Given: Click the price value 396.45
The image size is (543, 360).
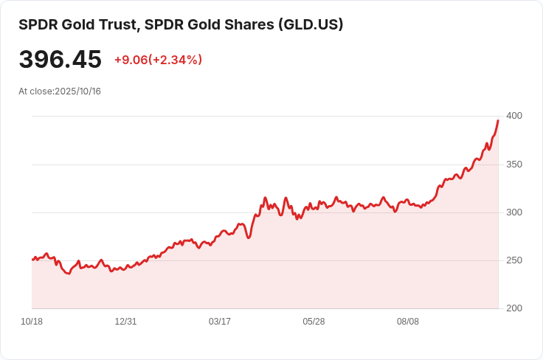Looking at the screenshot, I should tap(60, 60).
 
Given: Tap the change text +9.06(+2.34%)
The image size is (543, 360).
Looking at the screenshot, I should tap(158, 60).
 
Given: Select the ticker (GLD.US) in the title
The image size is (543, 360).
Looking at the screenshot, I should tap(310, 24).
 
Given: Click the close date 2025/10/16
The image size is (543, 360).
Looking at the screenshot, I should tap(77, 91).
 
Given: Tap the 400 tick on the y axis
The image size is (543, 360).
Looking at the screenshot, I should tap(513, 116).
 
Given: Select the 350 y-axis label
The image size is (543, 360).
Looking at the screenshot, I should tap(513, 164).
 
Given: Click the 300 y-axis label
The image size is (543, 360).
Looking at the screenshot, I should tap(513, 212).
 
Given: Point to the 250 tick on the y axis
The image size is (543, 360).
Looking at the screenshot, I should tap(513, 260).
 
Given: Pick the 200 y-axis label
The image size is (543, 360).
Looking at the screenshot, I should tap(513, 308).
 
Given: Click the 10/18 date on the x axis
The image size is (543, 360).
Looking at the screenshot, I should tap(32, 322).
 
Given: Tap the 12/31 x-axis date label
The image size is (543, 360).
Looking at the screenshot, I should tap(125, 322).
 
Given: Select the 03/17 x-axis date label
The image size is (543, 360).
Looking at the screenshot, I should tap(220, 322).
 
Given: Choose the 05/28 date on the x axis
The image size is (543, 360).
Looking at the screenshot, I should tap(314, 322).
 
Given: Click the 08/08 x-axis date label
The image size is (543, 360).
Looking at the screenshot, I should tap(408, 322).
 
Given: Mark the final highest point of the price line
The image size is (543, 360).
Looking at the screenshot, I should tap(498, 120).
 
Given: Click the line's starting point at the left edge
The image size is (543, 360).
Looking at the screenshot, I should tap(32, 260).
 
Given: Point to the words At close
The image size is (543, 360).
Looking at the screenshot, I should tap(35, 91).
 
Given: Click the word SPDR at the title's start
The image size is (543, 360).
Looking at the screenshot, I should tap(35, 24).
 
